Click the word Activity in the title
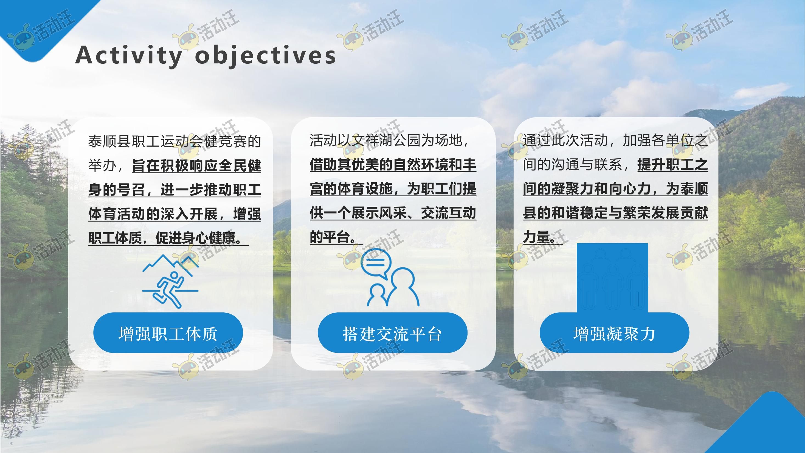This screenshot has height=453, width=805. click(x=129, y=56)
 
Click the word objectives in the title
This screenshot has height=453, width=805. click(x=265, y=56)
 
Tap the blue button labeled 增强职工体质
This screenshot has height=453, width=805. click(x=168, y=333)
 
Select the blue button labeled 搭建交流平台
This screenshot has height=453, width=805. click(x=393, y=333)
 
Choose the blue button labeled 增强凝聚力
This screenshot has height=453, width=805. click(x=614, y=333)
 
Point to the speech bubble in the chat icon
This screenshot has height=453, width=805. click(x=376, y=263)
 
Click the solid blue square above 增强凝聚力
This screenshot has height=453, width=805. click(x=612, y=278)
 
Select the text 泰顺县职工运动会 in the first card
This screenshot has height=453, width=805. click(x=146, y=141)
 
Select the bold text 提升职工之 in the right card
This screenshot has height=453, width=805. click(x=672, y=164)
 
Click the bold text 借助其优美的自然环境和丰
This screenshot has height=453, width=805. click(x=393, y=164)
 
